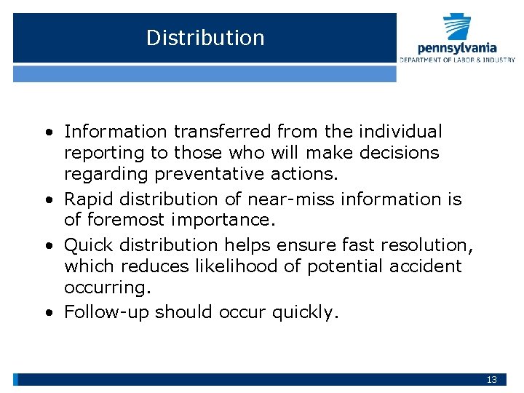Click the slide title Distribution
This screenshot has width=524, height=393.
pyautogui.click(x=205, y=38)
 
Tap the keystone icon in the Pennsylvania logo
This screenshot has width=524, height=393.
pyautogui.click(x=457, y=28)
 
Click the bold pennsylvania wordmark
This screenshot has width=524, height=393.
pyautogui.click(x=457, y=48)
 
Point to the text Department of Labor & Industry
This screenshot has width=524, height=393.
pyautogui.click(x=457, y=60)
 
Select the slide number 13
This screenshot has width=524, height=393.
pyautogui.click(x=492, y=380)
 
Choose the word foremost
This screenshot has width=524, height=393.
pyautogui.click(x=116, y=220)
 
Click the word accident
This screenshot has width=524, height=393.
pyautogui.click(x=424, y=266)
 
